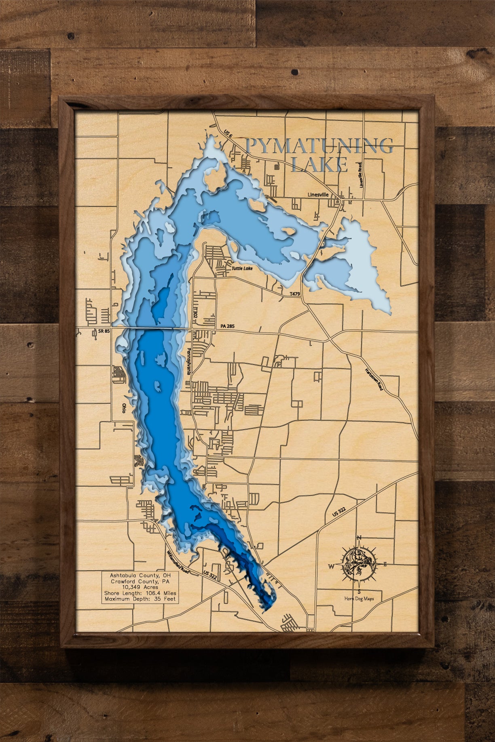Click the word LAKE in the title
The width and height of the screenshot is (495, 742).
coord(319,164)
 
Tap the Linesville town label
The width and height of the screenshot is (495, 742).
coord(318,194)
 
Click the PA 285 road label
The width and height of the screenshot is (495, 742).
coord(227,326)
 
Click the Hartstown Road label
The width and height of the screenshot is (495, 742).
coord(374,379)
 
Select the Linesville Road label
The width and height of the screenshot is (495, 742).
coord(360,175)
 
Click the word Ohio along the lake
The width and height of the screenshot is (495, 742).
coord(124,408)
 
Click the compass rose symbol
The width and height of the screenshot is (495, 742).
coord(358,565)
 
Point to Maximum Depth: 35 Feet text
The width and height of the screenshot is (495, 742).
coord(140,599)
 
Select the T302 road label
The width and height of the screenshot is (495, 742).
coord(196,313)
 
